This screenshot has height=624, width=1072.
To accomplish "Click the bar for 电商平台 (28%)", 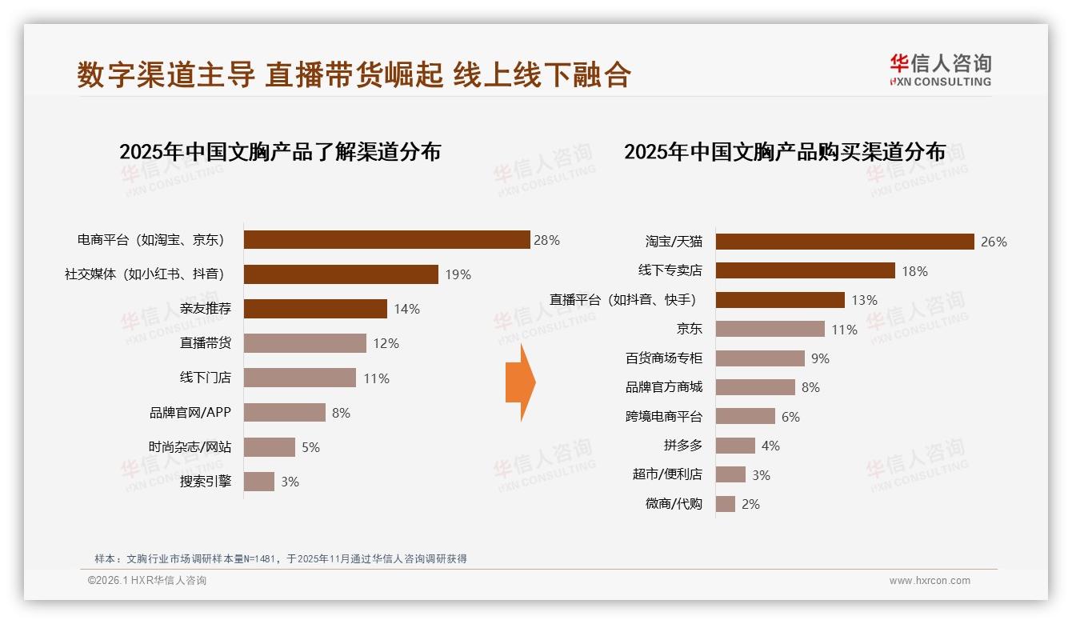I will pos(386,240).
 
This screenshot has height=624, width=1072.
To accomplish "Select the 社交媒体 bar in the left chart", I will pos(341,274).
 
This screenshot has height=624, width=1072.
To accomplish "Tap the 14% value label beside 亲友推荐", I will pos(406,309).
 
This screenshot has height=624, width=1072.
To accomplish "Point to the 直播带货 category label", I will pos(205,343).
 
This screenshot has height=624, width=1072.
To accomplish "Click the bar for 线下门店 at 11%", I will pos(299,378).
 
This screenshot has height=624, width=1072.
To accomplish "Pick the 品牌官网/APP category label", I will pos(190,413).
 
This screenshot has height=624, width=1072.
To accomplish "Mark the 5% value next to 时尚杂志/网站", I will pos(310,447).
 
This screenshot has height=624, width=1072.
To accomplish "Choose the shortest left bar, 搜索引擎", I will pos(258,482).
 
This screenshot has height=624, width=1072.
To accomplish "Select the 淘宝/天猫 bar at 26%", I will pos(845,242).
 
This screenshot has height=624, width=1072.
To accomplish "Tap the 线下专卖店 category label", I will pos(670,270).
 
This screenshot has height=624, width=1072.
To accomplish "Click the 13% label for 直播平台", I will pos(864,300).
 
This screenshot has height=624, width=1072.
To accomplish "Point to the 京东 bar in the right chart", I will pos(770,329).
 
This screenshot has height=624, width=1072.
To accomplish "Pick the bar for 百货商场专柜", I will pos(760,358).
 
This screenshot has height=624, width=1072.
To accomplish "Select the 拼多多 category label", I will pos(682,446).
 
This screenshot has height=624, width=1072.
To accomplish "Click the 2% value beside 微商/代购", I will pos(750,504).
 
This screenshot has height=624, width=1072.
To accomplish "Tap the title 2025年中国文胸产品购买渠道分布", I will pos(784,152).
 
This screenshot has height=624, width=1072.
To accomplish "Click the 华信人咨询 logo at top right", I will pos(940,70).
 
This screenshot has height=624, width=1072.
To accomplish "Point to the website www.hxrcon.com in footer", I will pos(929,581).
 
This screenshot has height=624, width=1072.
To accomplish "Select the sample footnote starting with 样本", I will pos(280,559).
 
